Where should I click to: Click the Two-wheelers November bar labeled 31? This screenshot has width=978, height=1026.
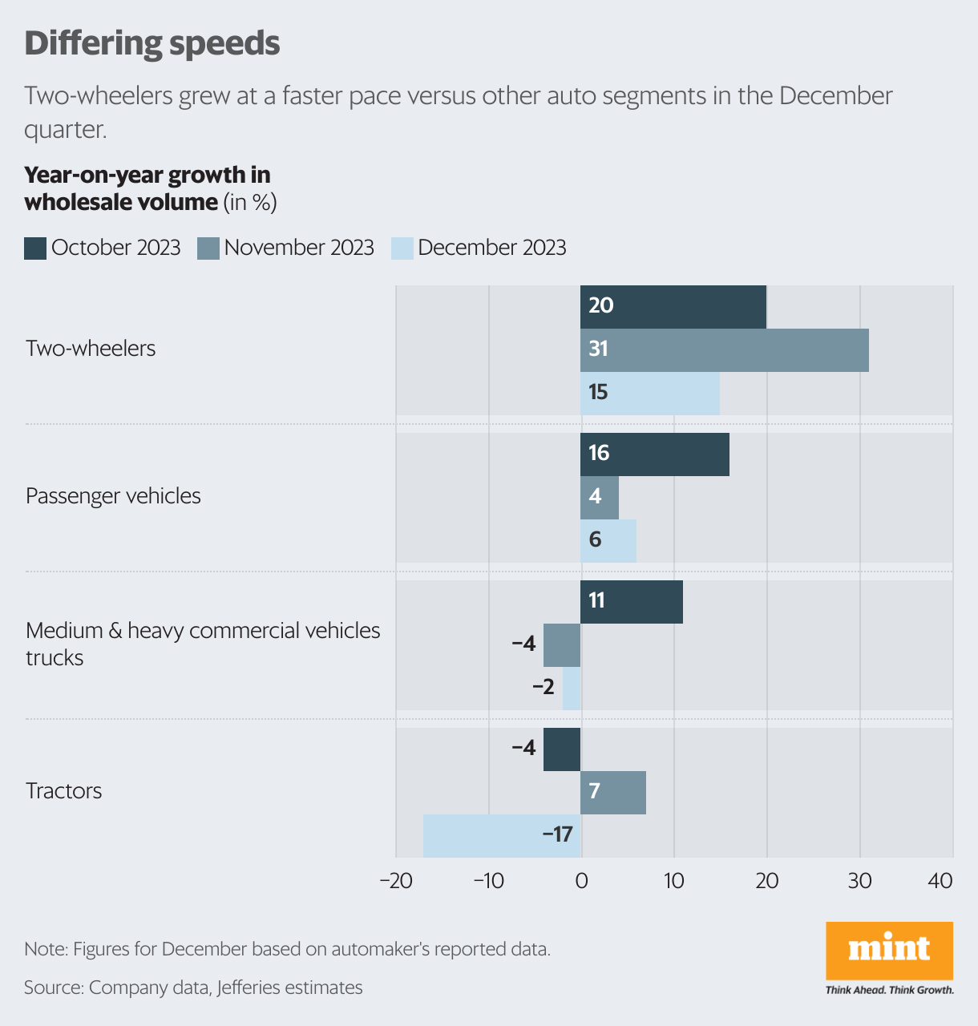point(724,349)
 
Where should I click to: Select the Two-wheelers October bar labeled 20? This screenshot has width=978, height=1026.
point(673,306)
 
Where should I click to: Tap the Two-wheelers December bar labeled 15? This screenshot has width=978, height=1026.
point(650,393)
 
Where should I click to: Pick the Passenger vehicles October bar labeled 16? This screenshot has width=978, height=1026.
point(655,454)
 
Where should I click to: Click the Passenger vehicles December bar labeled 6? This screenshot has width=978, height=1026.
point(608,540)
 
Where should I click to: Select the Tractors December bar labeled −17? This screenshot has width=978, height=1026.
point(502,835)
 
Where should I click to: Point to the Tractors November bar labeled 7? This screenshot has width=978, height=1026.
point(613,792)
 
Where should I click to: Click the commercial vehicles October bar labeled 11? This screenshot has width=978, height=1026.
point(632,601)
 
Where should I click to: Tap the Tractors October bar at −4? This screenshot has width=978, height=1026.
point(562,749)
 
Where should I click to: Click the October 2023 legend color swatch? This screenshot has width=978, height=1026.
point(35,248)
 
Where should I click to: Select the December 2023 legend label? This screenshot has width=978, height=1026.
point(491,248)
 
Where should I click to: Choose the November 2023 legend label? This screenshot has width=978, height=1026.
point(299,248)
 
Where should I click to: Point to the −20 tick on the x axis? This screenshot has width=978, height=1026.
point(395,881)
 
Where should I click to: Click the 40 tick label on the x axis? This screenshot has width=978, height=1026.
point(940,881)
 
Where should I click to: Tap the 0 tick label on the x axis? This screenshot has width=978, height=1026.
point(581,881)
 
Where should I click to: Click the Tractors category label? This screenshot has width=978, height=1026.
point(64,791)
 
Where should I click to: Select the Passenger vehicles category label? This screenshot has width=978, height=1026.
point(113,496)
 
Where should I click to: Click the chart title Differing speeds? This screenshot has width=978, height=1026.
point(152,43)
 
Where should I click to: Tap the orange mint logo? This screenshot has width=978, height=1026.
point(889,950)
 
